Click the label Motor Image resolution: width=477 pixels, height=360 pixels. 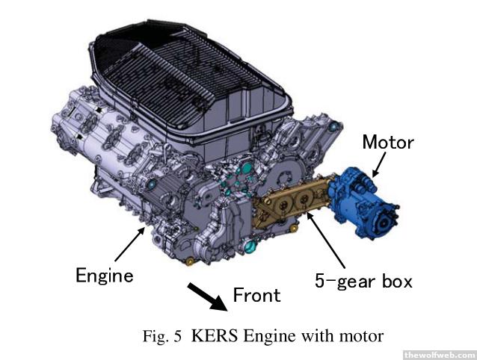point(388,142)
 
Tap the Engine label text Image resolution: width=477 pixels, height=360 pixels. point(105,276)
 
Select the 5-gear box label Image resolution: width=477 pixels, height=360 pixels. point(363,281)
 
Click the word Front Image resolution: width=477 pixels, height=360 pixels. point(256,295)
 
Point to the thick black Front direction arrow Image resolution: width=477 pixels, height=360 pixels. point(207,297)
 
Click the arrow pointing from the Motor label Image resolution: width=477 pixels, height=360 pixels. point(379,164)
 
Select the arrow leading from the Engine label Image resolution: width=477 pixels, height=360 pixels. point(130,244)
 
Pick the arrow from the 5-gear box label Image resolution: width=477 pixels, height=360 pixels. point(325,240)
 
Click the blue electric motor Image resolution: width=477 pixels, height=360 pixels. point(363,202)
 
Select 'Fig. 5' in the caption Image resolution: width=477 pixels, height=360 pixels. point(162,336)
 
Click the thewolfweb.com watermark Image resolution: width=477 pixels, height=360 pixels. point(440,355)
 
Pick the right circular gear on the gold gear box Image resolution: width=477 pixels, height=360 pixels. point(303,199)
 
